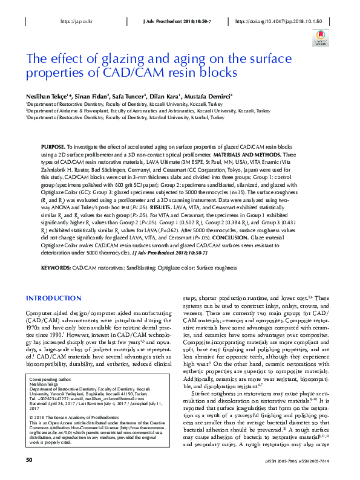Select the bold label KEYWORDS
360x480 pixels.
click(x=56, y=266)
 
